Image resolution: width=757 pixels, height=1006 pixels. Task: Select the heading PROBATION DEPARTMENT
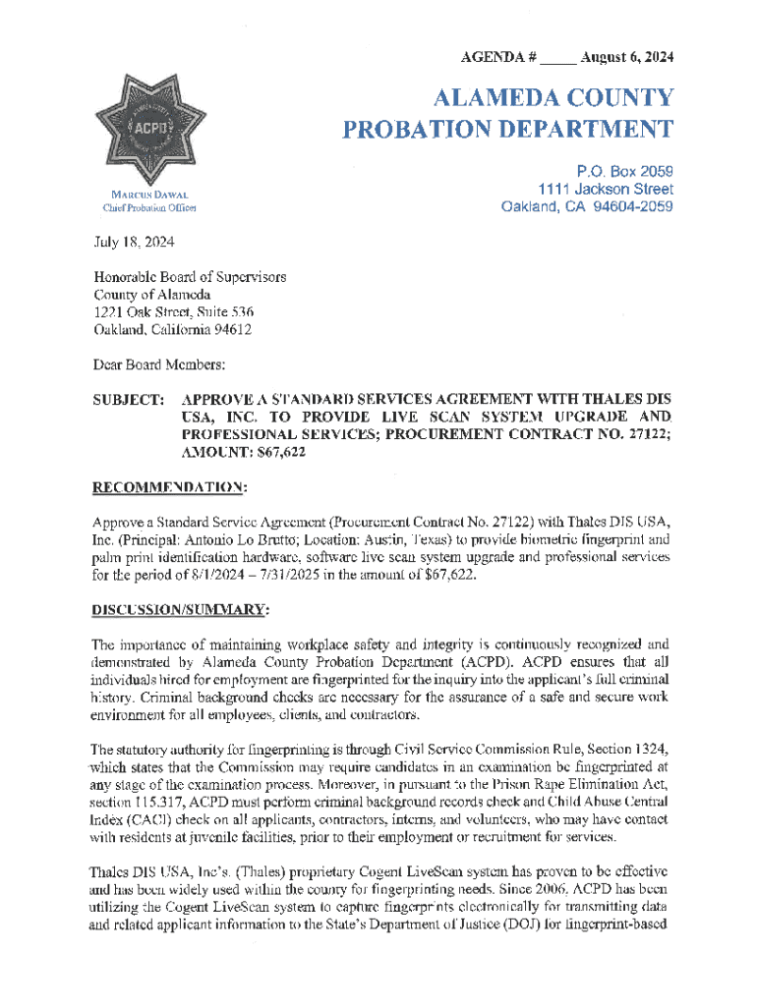coord(507,130)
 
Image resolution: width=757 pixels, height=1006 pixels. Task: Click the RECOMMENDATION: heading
coord(169,485)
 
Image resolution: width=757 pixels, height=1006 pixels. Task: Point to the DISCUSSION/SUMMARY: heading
coord(181,610)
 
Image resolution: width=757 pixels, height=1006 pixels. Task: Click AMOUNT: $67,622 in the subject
coord(240,452)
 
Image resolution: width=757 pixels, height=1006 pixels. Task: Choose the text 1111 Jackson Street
coord(606,189)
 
